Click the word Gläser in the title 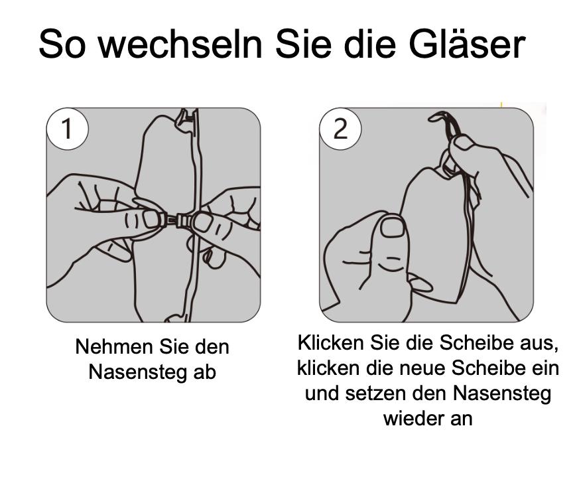click(467, 43)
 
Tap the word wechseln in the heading click(180, 43)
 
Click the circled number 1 click(68, 129)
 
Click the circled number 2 click(340, 129)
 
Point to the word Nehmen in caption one click(115, 347)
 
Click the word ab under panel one click(204, 372)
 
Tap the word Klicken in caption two click(331, 343)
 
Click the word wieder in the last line click(412, 418)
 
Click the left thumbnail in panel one click(151, 219)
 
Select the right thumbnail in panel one click(202, 222)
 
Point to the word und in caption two click(322, 393)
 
